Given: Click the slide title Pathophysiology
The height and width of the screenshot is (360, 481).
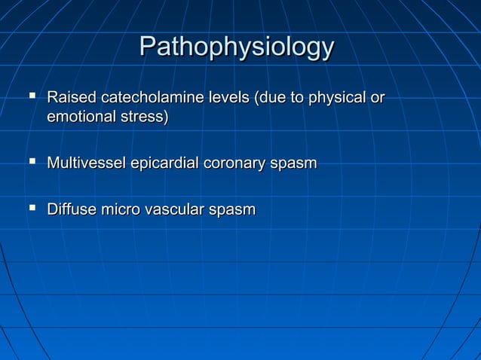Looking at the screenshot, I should [237, 47].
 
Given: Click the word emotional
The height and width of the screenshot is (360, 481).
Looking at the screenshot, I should [81, 117].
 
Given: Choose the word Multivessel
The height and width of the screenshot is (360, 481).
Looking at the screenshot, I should [87, 163].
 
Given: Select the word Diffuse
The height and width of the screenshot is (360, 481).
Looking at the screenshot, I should [71, 209].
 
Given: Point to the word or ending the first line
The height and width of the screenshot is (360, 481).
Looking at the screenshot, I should [376, 98].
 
